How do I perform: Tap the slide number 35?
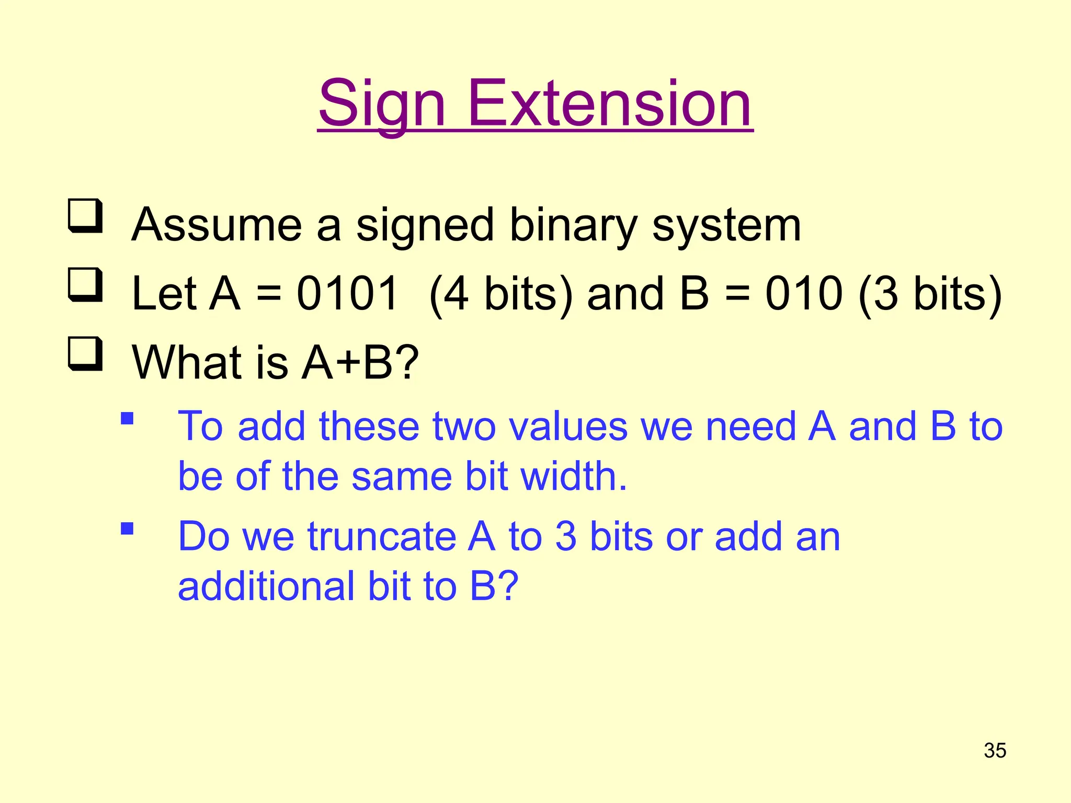point(995,750)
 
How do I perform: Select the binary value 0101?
point(347,293)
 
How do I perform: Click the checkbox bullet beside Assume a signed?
point(85,216)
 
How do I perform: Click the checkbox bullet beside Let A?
point(85,285)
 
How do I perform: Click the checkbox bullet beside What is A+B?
point(85,354)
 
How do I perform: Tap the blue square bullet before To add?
point(127,419)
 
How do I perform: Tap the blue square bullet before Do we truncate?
point(127,529)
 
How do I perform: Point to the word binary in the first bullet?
point(573,226)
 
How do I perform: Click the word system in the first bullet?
point(726,226)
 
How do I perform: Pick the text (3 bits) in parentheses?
point(930,294)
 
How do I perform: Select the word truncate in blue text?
point(382,537)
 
